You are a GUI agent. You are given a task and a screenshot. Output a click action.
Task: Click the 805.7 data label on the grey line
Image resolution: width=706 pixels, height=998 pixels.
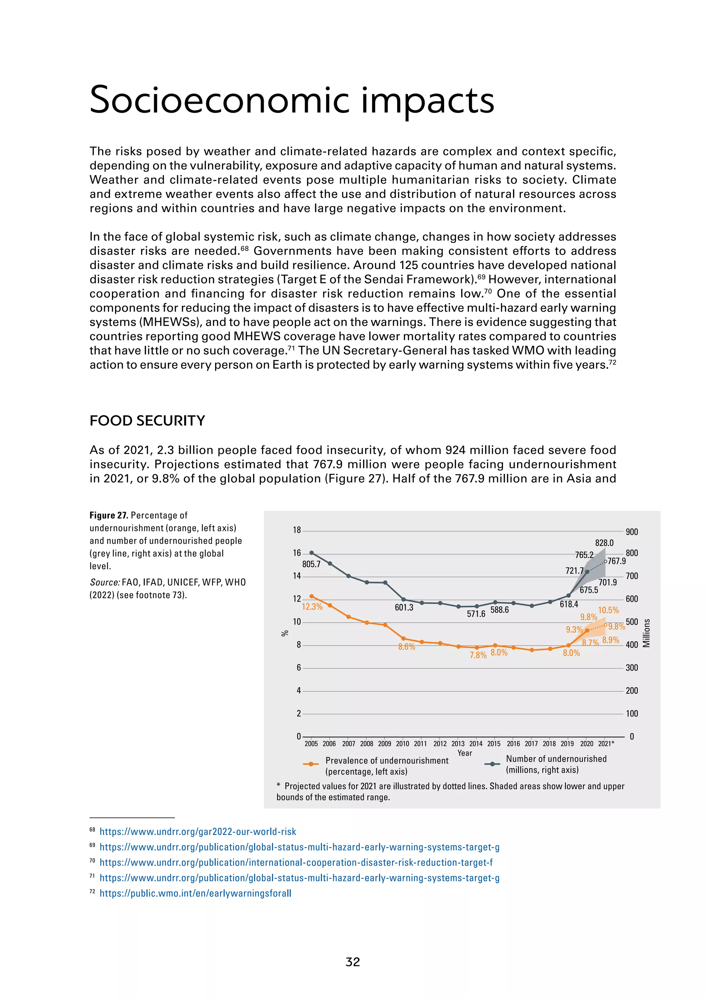[311, 564]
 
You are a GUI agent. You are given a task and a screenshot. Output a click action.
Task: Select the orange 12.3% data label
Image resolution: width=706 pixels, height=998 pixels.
[312, 607]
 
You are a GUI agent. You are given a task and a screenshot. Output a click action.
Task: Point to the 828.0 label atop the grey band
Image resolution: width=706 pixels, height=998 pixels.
[604, 543]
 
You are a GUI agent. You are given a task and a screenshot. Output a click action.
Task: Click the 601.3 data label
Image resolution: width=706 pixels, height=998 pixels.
[404, 608]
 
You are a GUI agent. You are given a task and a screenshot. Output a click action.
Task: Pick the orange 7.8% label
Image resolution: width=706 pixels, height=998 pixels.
[478, 655]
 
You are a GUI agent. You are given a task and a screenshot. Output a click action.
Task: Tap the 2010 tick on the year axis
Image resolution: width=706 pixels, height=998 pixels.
[403, 744]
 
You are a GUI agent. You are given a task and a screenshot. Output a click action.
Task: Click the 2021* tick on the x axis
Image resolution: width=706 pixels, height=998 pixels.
[606, 744]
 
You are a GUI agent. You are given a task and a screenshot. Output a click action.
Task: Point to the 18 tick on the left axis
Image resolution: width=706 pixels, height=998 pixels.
[297, 530]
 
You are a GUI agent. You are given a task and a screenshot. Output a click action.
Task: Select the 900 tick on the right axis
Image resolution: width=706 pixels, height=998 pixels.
[632, 532]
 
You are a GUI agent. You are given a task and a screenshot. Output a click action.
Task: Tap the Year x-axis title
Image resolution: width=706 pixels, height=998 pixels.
[465, 753]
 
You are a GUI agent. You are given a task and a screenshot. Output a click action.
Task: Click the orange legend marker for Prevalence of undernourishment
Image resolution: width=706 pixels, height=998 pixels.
[311, 764]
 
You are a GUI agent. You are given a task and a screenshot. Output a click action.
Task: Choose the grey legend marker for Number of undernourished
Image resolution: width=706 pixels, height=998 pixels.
[492, 764]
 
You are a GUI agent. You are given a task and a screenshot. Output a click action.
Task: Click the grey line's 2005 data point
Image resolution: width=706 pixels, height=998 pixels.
[311, 553]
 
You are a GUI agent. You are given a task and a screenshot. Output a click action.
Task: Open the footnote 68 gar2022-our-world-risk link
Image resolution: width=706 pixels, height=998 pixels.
[198, 832]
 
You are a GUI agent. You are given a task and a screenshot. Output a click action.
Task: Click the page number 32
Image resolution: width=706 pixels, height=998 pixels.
[353, 962]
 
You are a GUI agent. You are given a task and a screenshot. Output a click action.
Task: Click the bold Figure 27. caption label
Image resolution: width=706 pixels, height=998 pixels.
[109, 516]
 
